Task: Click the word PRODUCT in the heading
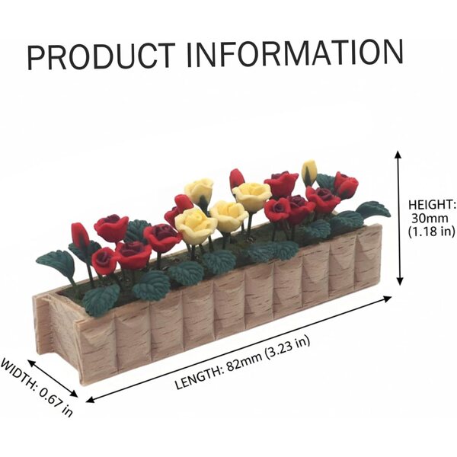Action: (x=101, y=56)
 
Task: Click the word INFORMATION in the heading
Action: (x=295, y=53)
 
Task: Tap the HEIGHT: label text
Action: (x=431, y=205)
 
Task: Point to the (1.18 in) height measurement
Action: (x=431, y=232)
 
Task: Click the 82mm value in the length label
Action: (x=244, y=361)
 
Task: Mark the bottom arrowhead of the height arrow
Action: (x=400, y=281)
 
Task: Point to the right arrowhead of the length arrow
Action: (x=388, y=298)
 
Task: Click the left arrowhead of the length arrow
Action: (x=91, y=400)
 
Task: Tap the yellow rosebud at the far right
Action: (x=309, y=172)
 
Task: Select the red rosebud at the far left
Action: (x=81, y=235)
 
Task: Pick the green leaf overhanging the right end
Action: (x=374, y=209)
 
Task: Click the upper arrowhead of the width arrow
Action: (x=31, y=363)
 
